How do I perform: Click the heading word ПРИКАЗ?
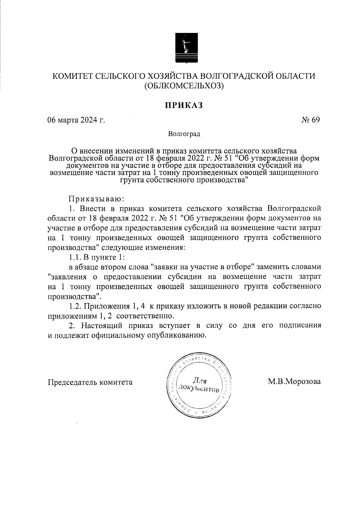[183, 105]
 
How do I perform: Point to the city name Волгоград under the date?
[184, 134]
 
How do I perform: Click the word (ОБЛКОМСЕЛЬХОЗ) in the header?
[184, 86]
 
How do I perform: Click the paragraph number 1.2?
[74, 306]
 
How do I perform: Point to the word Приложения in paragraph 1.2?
[105, 306]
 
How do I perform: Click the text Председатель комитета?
[90, 382]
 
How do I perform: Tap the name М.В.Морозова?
[294, 382]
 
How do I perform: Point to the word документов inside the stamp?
[199, 389]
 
